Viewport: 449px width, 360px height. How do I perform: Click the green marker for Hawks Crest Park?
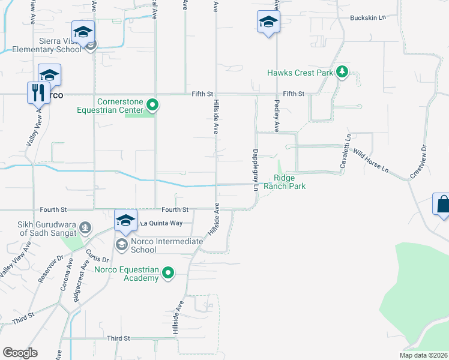[342, 73]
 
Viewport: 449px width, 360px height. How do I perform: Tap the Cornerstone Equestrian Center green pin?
[152, 106]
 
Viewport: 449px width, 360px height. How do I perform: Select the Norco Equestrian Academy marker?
[168, 274]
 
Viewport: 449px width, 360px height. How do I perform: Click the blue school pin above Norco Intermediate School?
[126, 220]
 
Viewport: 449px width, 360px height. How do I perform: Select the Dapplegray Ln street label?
[255, 170]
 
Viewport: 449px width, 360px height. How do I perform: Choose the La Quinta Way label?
[161, 223]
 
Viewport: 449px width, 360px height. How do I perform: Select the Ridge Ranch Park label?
[289, 182]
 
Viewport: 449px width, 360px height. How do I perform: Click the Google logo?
[20, 353]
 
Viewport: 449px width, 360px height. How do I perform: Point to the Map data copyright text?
[423, 355]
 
